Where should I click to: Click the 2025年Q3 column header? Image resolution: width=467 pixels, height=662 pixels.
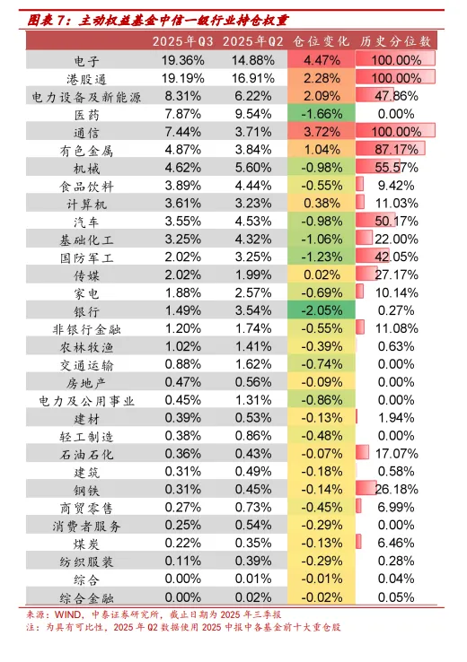tap(182, 41)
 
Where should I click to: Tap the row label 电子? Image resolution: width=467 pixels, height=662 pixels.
tap(87, 60)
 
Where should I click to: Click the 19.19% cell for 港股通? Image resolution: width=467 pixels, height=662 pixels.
tap(182, 78)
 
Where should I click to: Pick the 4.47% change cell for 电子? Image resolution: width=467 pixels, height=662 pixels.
tap(321, 60)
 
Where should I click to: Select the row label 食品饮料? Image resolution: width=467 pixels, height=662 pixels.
tap(87, 186)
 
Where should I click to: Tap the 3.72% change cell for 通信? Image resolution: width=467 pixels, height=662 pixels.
tap(321, 132)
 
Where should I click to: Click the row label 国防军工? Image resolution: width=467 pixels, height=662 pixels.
tap(87, 257)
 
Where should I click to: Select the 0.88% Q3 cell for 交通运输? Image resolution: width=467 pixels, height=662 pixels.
tap(182, 364)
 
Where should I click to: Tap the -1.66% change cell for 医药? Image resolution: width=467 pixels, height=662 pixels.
tap(321, 114)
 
